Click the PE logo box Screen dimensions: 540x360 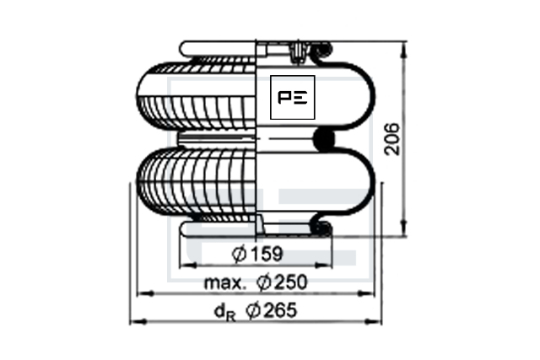pos(293,98)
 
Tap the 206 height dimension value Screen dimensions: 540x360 pos(392,139)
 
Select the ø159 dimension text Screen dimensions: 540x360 pos(257,254)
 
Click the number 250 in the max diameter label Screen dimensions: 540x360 pos(291,282)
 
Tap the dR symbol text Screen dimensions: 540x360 pos(225,313)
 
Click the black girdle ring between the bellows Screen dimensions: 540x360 pos(324,139)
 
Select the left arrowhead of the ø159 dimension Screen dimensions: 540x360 pos(188,265)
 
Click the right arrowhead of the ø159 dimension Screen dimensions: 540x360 pos(324,265)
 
